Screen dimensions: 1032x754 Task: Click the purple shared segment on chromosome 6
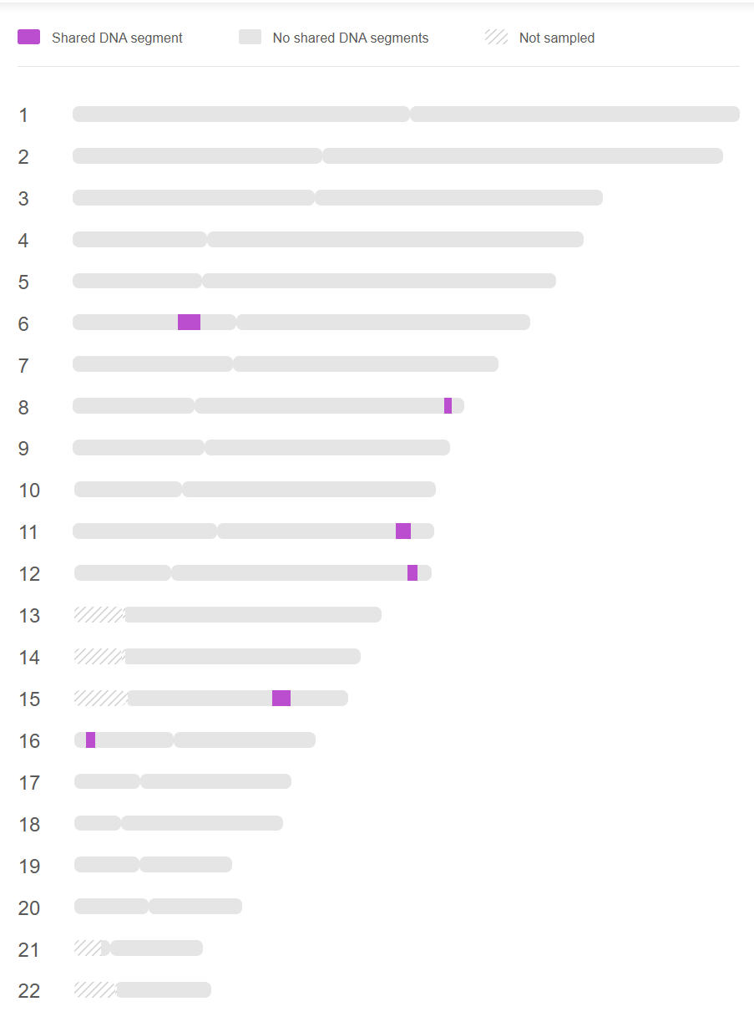coord(189,323)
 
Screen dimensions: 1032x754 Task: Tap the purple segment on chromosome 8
coord(448,406)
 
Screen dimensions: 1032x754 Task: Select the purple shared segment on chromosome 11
coord(403,531)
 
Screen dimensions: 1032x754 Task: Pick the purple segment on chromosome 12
coord(412,573)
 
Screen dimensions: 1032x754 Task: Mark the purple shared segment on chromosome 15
coord(281,699)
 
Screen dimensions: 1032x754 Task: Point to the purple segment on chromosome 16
coord(90,740)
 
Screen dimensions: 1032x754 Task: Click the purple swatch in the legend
coord(29,38)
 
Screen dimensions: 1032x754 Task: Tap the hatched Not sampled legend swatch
coord(496,38)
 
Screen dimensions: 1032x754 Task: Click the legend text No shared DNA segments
coord(351,38)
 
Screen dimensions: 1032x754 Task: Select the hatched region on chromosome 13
coord(99,615)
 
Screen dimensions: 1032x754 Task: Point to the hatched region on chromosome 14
coord(99,657)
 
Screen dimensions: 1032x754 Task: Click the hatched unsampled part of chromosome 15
coord(100,699)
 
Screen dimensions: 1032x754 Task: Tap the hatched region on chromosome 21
coord(88,948)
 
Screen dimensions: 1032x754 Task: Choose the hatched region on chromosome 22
coord(94,990)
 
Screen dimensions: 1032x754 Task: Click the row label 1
coord(23,115)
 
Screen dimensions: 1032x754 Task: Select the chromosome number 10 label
coord(29,491)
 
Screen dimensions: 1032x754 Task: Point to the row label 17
coord(29,783)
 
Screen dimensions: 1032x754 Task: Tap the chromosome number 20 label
coord(29,908)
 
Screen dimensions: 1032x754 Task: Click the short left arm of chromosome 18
coord(98,823)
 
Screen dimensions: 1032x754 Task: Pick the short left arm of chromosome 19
coord(106,865)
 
